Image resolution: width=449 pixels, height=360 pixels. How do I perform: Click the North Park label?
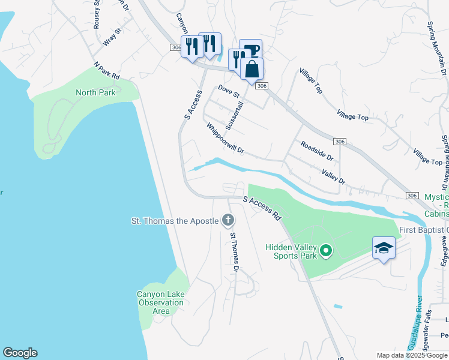pos(95,92)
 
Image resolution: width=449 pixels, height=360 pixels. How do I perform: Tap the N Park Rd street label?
pos(107,70)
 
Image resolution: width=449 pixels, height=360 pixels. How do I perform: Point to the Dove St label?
pos(228,92)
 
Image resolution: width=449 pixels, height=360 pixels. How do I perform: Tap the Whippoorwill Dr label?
pos(225,139)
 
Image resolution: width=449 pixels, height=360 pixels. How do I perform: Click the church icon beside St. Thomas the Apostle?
pos(228,221)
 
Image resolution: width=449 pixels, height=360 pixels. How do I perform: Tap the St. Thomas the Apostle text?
pos(175,221)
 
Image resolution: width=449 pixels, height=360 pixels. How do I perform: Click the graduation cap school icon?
pos(384,248)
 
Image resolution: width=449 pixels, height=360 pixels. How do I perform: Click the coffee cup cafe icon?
pos(252,50)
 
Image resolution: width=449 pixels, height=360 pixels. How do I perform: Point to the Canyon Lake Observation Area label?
pos(161,302)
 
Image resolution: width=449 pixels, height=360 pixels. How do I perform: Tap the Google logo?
pos(20,353)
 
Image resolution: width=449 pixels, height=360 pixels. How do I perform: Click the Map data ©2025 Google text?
pos(412,355)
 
